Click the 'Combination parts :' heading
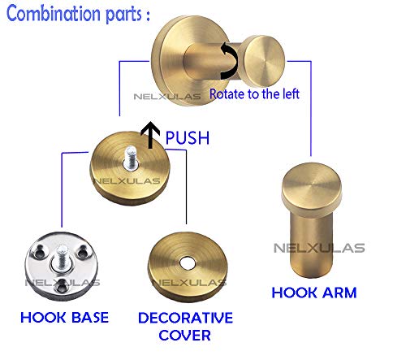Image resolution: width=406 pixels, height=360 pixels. pyautogui.click(x=78, y=14)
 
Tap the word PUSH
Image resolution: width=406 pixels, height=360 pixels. pyautogui.click(x=188, y=138)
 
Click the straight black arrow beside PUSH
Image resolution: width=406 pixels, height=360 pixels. pyautogui.click(x=150, y=135)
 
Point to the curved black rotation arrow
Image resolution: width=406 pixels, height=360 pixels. pyautogui.click(x=230, y=61)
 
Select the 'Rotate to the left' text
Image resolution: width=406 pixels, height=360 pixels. pyautogui.click(x=254, y=94)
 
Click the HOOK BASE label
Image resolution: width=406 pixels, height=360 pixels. pyautogui.click(x=64, y=318)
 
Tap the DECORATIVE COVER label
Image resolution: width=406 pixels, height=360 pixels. pyautogui.click(x=185, y=327)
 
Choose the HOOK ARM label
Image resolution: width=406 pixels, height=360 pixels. pyautogui.click(x=314, y=293)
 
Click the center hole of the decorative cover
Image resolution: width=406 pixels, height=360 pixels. pyautogui.click(x=187, y=263)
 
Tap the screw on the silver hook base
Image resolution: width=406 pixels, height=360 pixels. pyautogui.click(x=62, y=258)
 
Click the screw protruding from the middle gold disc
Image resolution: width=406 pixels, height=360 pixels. pyautogui.click(x=131, y=158)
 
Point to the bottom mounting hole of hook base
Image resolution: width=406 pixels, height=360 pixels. pyautogui.click(x=63, y=287)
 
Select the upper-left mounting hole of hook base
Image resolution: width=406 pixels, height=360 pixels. pyautogui.click(x=40, y=251)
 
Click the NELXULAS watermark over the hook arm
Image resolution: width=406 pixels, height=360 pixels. pyautogui.click(x=319, y=248)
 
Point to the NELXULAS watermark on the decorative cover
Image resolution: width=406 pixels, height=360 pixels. pyautogui.click(x=189, y=283)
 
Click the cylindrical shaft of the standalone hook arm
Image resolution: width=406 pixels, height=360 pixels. pyautogui.click(x=311, y=244)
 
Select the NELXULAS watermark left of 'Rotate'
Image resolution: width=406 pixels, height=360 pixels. pyautogui.click(x=167, y=97)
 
